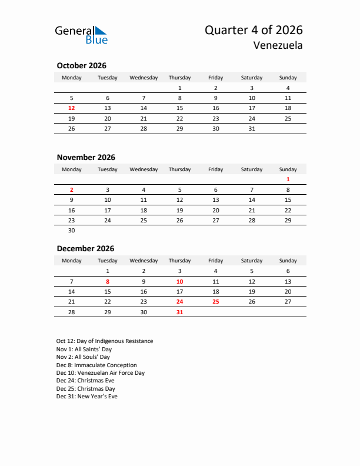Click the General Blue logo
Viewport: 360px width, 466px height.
click(x=81, y=34)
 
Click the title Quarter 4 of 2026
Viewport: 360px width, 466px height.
click(x=254, y=31)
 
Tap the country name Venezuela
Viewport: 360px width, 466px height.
click(x=278, y=46)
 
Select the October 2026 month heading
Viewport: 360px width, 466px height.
click(x=81, y=65)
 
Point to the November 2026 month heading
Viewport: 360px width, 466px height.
click(x=86, y=157)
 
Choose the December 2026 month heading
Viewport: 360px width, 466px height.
click(x=85, y=248)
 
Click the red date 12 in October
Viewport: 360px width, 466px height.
click(x=72, y=108)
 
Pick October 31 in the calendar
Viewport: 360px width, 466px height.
click(x=252, y=128)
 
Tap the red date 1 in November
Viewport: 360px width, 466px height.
click(x=288, y=179)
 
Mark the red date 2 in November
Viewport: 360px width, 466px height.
click(x=72, y=190)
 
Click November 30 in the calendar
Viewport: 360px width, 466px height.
click(x=72, y=231)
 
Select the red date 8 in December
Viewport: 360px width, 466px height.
click(x=108, y=281)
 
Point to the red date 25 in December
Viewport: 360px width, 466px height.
click(x=216, y=302)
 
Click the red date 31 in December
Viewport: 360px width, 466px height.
click(x=179, y=312)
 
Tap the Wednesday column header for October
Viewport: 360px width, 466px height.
click(x=144, y=78)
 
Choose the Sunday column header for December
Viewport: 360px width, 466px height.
click(x=288, y=261)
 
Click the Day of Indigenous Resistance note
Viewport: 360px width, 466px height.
click(x=105, y=341)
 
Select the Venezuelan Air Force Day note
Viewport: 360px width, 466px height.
click(x=101, y=373)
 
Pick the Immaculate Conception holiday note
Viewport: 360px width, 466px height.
click(x=96, y=365)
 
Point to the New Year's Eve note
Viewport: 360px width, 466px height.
click(x=87, y=397)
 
